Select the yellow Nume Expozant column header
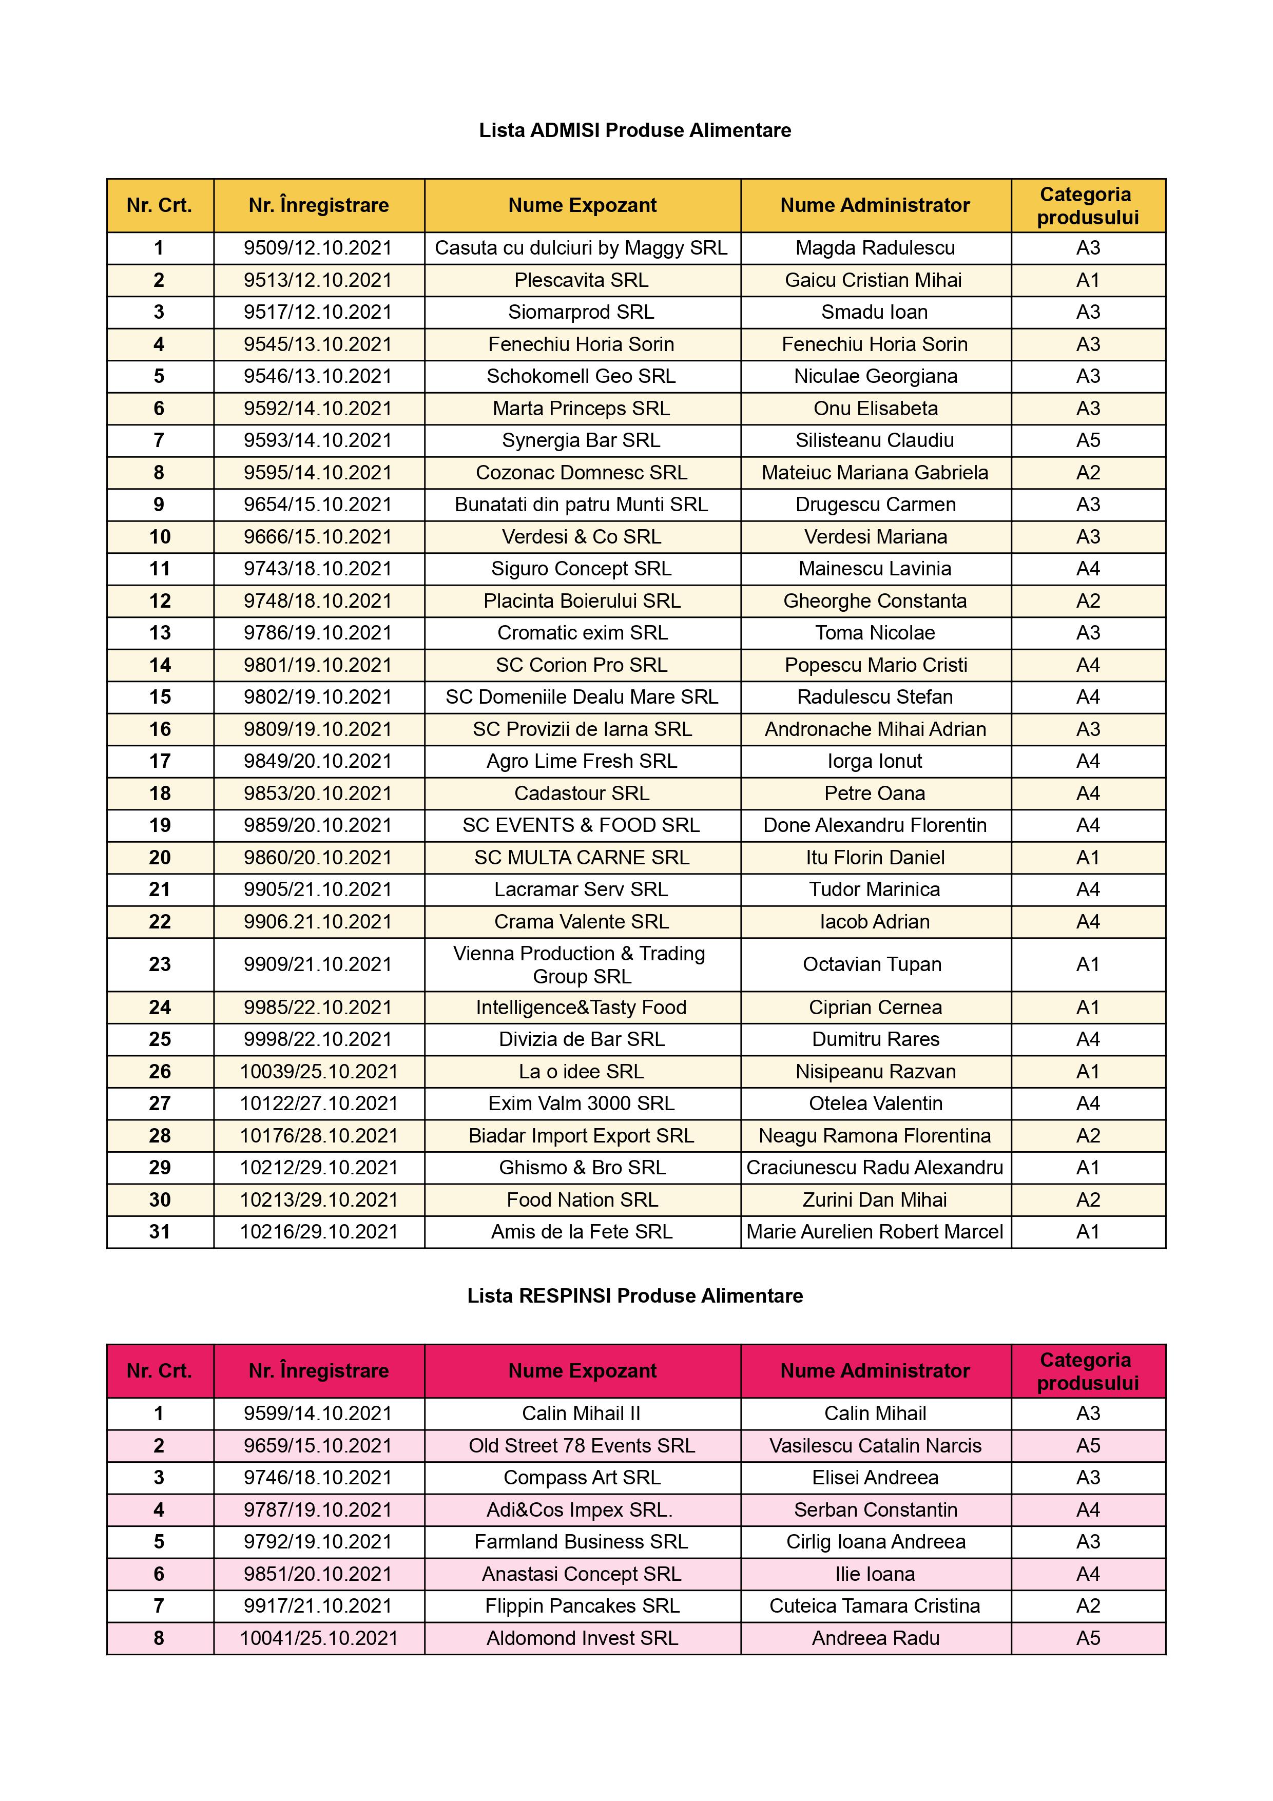coord(582,205)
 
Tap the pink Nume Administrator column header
coord(875,1371)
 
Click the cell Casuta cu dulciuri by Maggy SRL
coord(581,248)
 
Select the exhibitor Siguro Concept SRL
coord(581,569)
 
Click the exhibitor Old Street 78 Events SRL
coord(581,1446)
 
